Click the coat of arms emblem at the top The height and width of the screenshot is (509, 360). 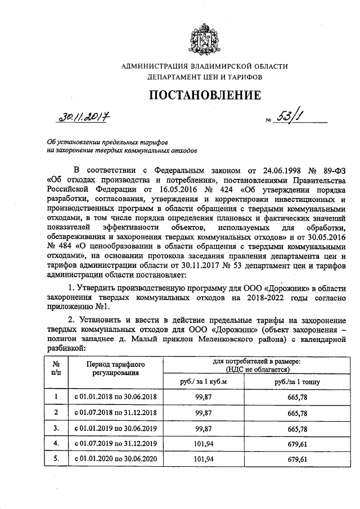(205, 39)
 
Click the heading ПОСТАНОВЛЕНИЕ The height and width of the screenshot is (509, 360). (205, 95)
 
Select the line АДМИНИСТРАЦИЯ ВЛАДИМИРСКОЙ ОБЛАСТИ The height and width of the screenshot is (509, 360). (205, 66)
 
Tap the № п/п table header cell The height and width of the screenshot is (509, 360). (56, 368)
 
